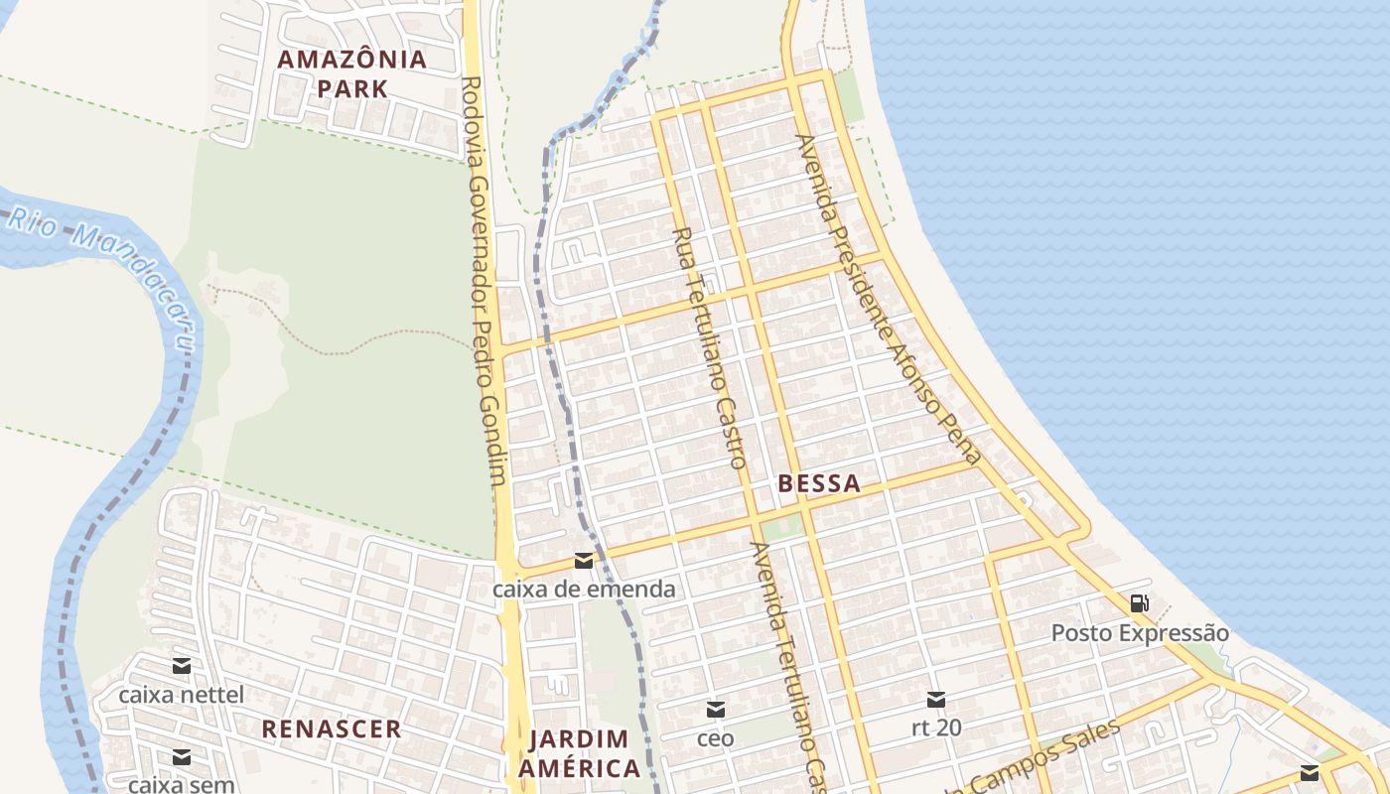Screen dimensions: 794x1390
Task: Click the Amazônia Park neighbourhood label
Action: coord(351,73)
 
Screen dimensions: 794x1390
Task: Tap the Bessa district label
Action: coord(819,484)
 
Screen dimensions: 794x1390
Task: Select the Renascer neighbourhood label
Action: coord(332,728)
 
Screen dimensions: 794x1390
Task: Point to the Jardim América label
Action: coord(580,753)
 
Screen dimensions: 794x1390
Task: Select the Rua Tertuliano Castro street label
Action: coord(708,347)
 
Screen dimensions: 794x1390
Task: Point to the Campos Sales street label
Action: coord(1042,759)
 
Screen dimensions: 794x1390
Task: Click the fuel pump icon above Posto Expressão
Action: coord(1140,602)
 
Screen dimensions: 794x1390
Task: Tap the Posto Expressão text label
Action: coord(1140,633)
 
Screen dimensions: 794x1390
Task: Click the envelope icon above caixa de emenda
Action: coord(584,562)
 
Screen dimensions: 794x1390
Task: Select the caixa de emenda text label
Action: coord(584,590)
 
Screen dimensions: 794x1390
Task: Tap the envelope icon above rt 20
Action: coord(936,700)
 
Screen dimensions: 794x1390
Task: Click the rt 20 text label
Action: coord(936,728)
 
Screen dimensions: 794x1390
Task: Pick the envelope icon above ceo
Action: coord(715,710)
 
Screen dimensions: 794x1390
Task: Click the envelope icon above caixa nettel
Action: coord(181,666)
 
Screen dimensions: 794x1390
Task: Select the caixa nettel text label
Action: coord(181,694)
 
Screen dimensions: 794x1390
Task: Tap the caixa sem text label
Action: coord(181,784)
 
